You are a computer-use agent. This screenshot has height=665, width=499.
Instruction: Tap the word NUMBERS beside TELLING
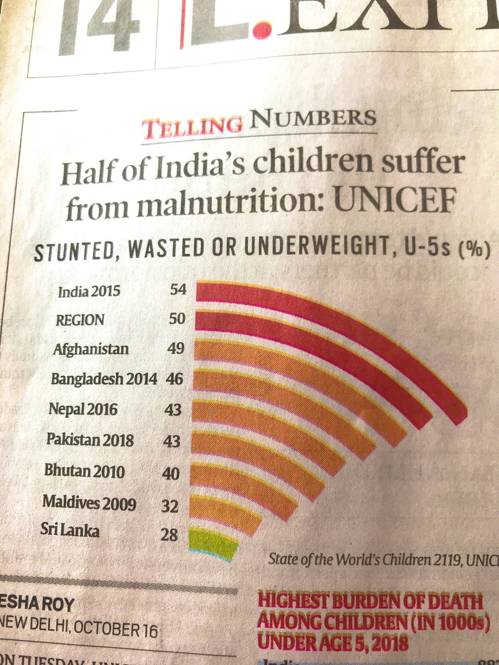point(313,119)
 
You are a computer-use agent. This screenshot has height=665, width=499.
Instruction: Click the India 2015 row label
point(89,291)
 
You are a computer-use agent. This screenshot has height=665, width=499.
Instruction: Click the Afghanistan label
point(91,350)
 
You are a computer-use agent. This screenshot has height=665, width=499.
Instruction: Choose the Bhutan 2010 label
point(85,472)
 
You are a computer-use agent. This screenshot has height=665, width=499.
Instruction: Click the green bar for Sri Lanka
point(213,543)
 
